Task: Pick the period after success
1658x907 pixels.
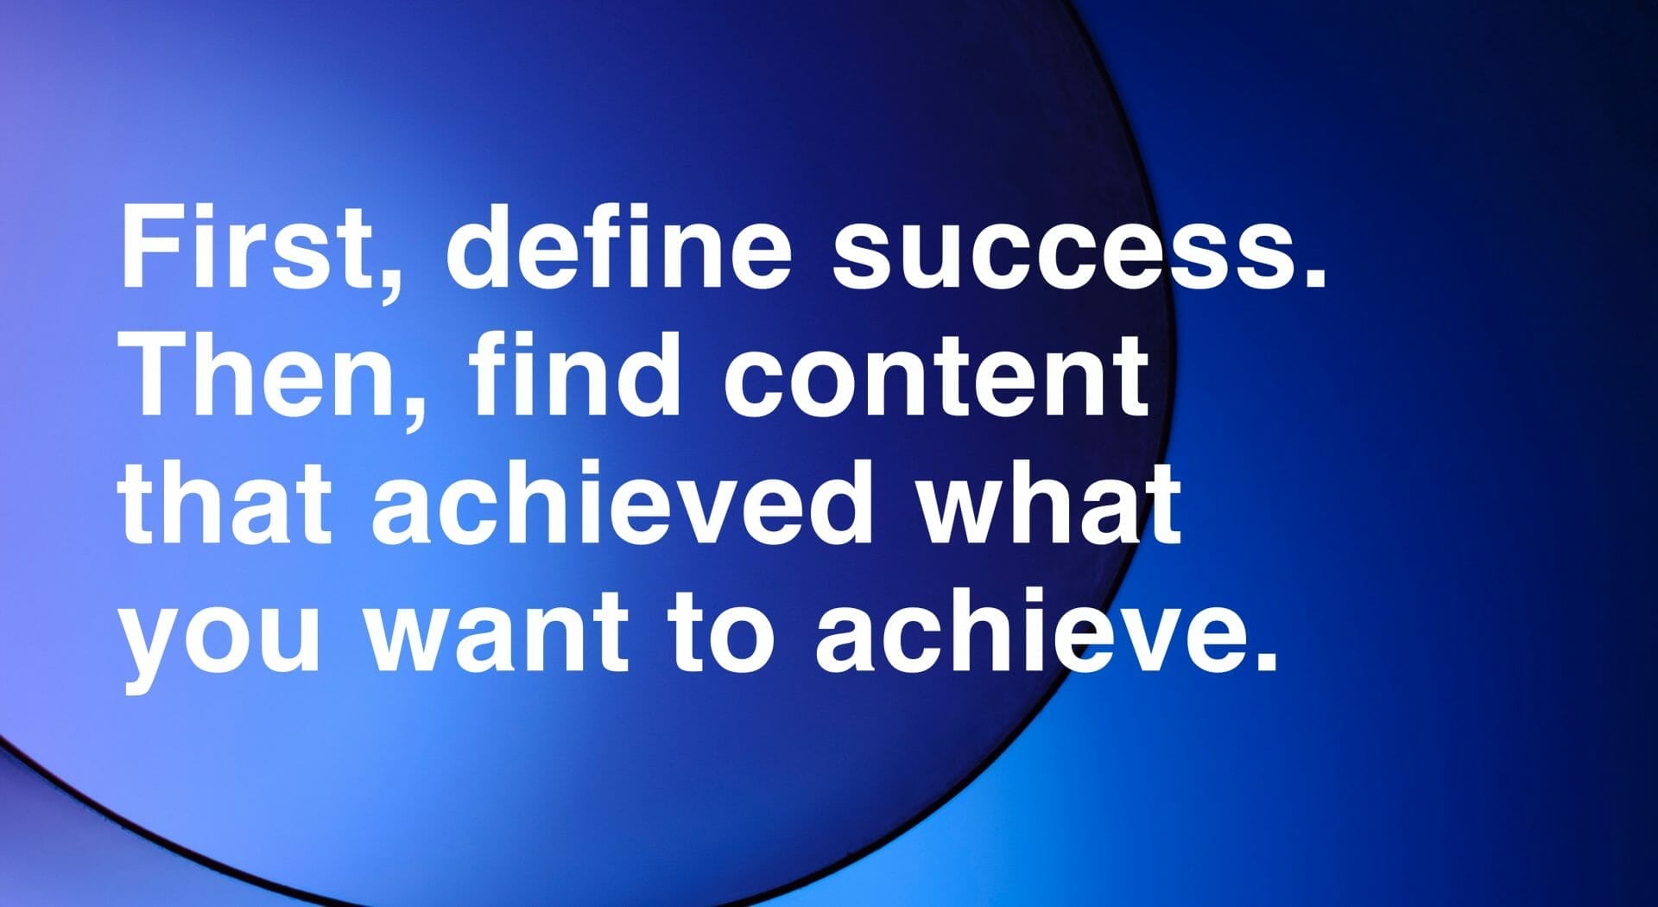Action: click(1313, 276)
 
